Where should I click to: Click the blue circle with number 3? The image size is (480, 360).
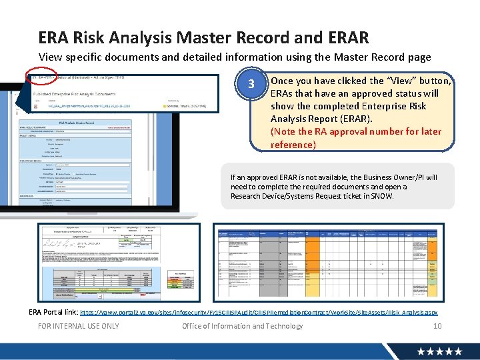click(251, 84)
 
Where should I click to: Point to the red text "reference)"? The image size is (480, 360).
click(293, 145)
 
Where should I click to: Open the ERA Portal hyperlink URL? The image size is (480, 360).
click(259, 312)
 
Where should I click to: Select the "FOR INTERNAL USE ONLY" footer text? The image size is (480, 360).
click(79, 326)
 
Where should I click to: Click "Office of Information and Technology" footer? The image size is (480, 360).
click(242, 326)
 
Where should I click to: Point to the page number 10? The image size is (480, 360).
click(437, 326)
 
